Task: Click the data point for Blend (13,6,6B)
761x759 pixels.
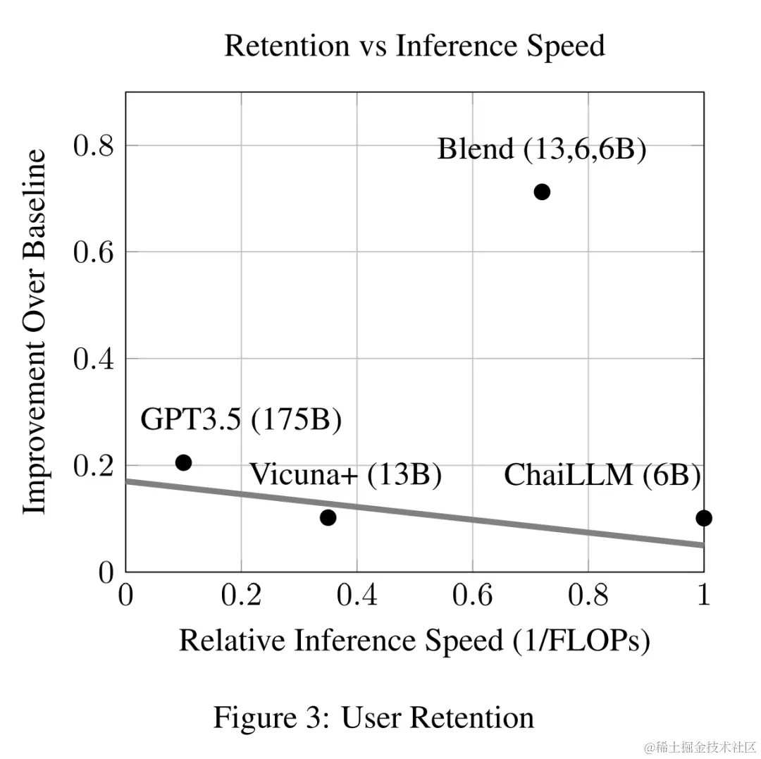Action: click(x=542, y=192)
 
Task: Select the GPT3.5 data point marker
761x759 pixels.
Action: click(x=184, y=462)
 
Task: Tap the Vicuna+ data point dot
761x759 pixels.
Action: click(x=328, y=518)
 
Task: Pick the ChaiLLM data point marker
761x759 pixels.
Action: click(x=703, y=519)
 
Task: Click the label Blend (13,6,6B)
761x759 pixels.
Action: click(x=541, y=149)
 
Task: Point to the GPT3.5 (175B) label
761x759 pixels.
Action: click(x=241, y=420)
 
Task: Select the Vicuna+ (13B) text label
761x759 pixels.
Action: click(x=346, y=475)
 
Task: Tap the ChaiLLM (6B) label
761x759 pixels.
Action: click(x=602, y=476)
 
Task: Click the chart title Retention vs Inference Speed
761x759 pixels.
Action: click(x=414, y=47)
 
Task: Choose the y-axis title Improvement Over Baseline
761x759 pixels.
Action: click(x=34, y=331)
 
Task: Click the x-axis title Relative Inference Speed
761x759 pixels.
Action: click(x=414, y=641)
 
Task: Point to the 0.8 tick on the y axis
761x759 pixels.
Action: click(x=94, y=146)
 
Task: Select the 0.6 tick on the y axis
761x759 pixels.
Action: click(x=94, y=252)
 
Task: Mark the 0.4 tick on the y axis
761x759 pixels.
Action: click(x=94, y=359)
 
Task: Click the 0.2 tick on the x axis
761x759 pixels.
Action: click(x=241, y=596)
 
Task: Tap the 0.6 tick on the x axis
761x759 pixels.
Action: click(x=472, y=596)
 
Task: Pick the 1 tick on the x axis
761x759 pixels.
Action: click(x=703, y=596)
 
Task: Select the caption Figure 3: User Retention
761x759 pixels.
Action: click(x=374, y=718)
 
